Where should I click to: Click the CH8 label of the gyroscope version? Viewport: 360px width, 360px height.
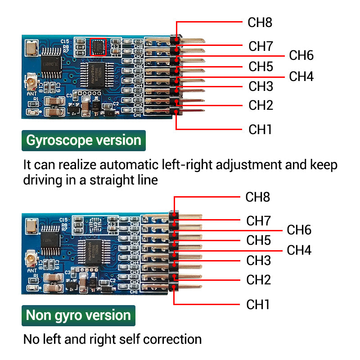[260, 22]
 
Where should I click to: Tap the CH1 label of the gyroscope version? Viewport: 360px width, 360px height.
[261, 130]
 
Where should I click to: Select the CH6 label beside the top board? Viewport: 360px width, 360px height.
[301, 56]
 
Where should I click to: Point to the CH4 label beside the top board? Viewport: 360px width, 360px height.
[301, 76]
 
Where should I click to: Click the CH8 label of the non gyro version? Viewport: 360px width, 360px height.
[258, 197]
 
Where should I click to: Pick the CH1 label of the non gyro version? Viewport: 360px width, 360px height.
[258, 305]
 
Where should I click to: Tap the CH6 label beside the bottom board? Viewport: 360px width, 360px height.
[299, 230]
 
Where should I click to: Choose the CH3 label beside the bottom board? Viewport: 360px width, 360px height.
[258, 261]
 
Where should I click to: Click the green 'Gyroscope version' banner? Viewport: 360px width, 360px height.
[84, 140]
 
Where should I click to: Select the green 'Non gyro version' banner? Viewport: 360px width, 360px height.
[78, 315]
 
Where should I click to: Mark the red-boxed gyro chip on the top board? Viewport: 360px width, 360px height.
[98, 47]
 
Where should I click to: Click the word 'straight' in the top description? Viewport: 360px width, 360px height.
[110, 180]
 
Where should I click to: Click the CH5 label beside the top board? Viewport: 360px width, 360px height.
[261, 67]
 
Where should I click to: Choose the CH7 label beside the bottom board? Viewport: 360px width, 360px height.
[258, 221]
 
